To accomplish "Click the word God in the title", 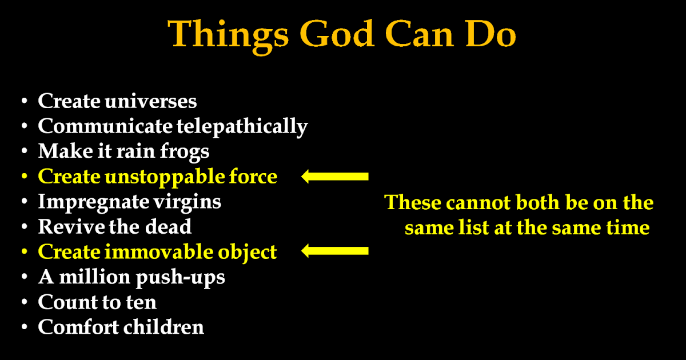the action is [337, 34].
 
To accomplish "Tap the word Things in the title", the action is [228, 37].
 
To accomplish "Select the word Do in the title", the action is [490, 34].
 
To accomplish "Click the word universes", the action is [151, 102].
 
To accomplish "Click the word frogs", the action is [185, 152].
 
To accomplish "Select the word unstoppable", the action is [165, 177].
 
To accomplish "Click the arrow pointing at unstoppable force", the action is [335, 177].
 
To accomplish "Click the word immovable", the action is [159, 252].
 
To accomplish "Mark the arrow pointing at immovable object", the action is [335, 251].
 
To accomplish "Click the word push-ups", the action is [181, 278].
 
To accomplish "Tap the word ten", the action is [141, 303].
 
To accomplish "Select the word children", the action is [163, 327].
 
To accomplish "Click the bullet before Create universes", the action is [25, 101].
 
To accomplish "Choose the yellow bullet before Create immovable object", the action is [25, 252].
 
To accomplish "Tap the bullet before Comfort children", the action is [25, 327].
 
